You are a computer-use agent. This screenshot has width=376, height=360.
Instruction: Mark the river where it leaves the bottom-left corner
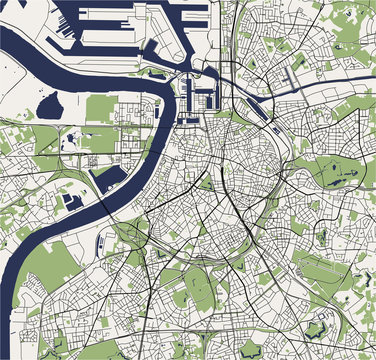coord(10,340)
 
